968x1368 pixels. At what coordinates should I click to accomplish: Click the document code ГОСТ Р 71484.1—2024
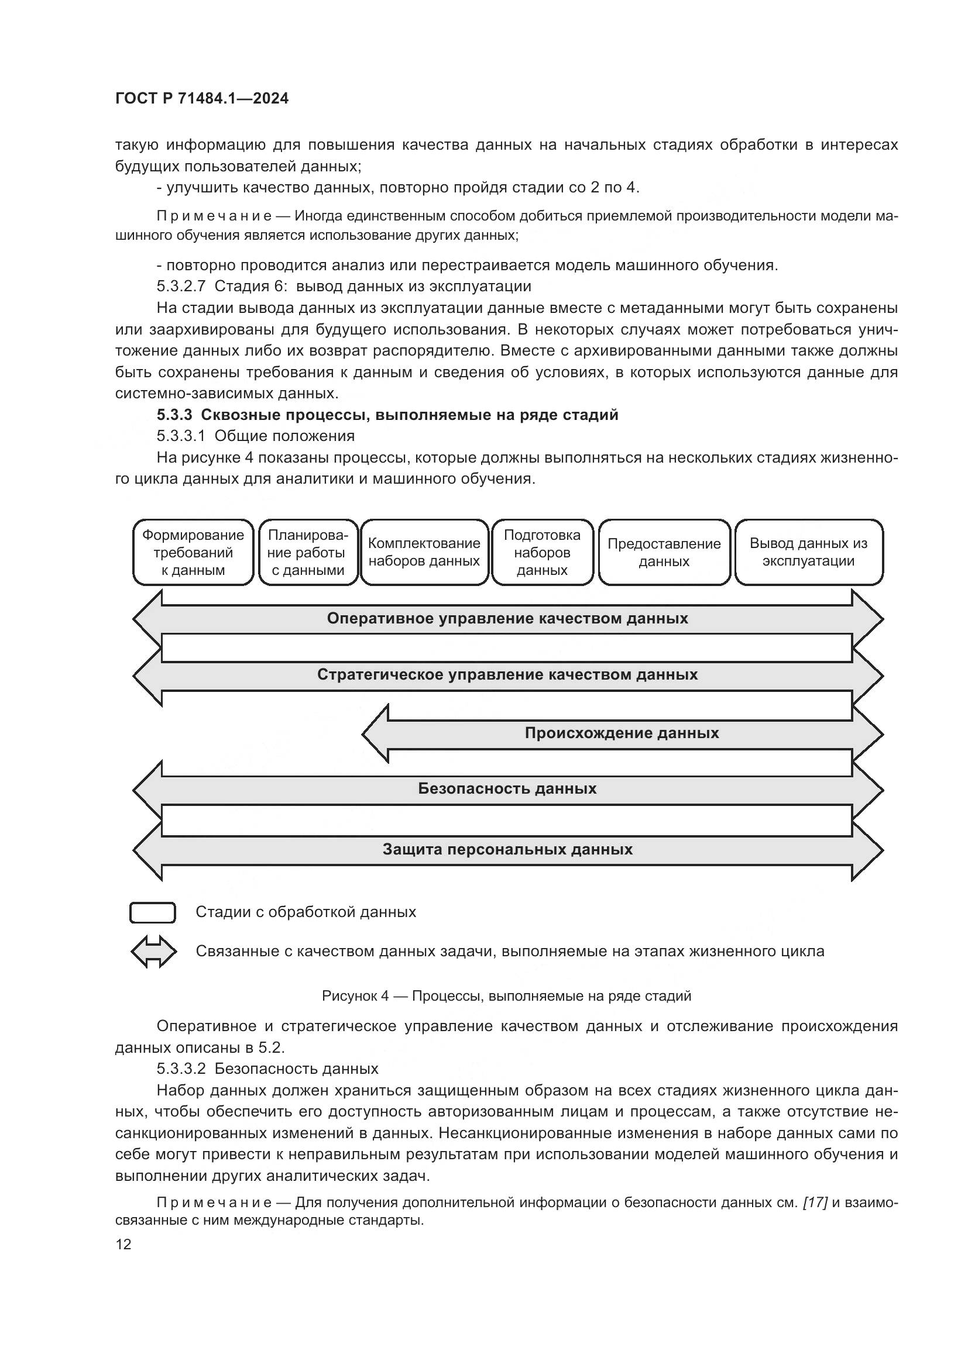pyautogui.click(x=201, y=99)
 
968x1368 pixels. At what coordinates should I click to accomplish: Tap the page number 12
pyautogui.click(x=123, y=1244)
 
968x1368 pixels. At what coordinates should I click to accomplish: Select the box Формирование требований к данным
pyautogui.click(x=193, y=552)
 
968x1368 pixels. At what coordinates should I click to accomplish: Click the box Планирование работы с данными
pyautogui.click(x=308, y=552)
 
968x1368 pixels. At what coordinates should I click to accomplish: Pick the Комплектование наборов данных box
pyautogui.click(x=424, y=552)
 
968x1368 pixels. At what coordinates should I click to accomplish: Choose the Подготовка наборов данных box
pyautogui.click(x=542, y=552)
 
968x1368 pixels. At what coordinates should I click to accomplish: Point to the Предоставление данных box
pyautogui.click(x=664, y=552)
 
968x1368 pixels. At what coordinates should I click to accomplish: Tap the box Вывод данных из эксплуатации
pyautogui.click(x=808, y=552)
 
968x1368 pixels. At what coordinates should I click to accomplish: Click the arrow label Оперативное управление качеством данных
pyautogui.click(x=507, y=618)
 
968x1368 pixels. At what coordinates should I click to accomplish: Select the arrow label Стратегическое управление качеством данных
pyautogui.click(x=507, y=674)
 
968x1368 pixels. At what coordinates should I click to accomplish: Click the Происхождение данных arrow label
pyautogui.click(x=622, y=733)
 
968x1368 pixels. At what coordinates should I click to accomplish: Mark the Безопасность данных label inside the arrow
pyautogui.click(x=507, y=789)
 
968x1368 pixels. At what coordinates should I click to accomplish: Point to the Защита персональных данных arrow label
pyautogui.click(x=507, y=849)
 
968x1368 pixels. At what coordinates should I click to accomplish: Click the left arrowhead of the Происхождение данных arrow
pyautogui.click(x=376, y=733)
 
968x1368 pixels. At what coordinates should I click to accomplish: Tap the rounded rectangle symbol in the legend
pyautogui.click(x=153, y=912)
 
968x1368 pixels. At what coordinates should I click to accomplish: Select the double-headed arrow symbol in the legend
pyautogui.click(x=154, y=952)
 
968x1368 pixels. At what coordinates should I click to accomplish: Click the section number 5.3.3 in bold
pyautogui.click(x=174, y=415)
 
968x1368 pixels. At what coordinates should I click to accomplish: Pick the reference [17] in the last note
pyautogui.click(x=815, y=1202)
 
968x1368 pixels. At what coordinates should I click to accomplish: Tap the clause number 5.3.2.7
pyautogui.click(x=181, y=286)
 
